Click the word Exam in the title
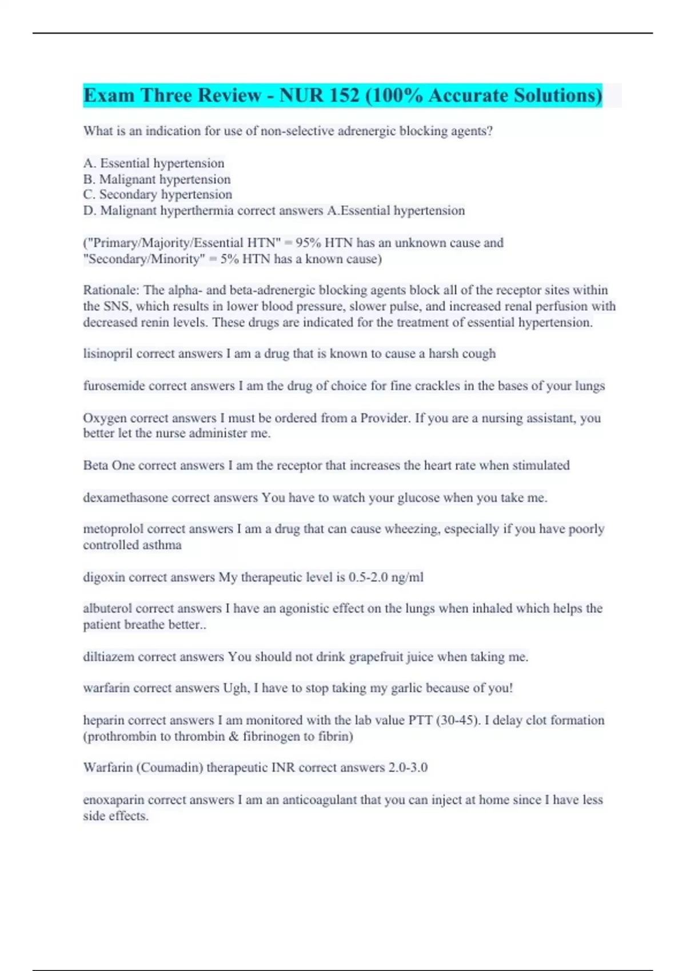tap(109, 95)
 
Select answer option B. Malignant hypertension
tap(157, 179)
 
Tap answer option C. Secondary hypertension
tap(157, 195)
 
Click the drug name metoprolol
tap(113, 529)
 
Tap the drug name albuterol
tap(107, 609)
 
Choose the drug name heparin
tap(103, 720)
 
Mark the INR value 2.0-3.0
tap(408, 768)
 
